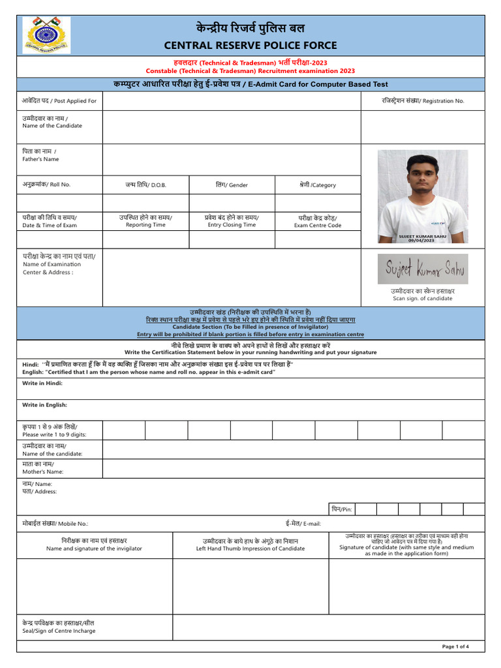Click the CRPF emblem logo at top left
pos(47,36)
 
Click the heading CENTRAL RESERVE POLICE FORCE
pos(250,45)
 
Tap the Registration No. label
pos(423,101)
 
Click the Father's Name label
pos(41,155)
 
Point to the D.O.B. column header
pos(145,185)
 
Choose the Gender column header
pos(232,185)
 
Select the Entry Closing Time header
pos(232,221)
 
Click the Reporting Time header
pos(145,221)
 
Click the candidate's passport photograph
pos(422,196)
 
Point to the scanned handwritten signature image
pos(422,269)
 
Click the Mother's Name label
pos(43,468)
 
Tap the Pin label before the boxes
pos(341,509)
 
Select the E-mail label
pos(303,523)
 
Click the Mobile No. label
pos(55,523)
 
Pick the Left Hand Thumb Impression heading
pos(250,545)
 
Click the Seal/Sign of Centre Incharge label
pos(59,627)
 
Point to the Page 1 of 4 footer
pos(455,646)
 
